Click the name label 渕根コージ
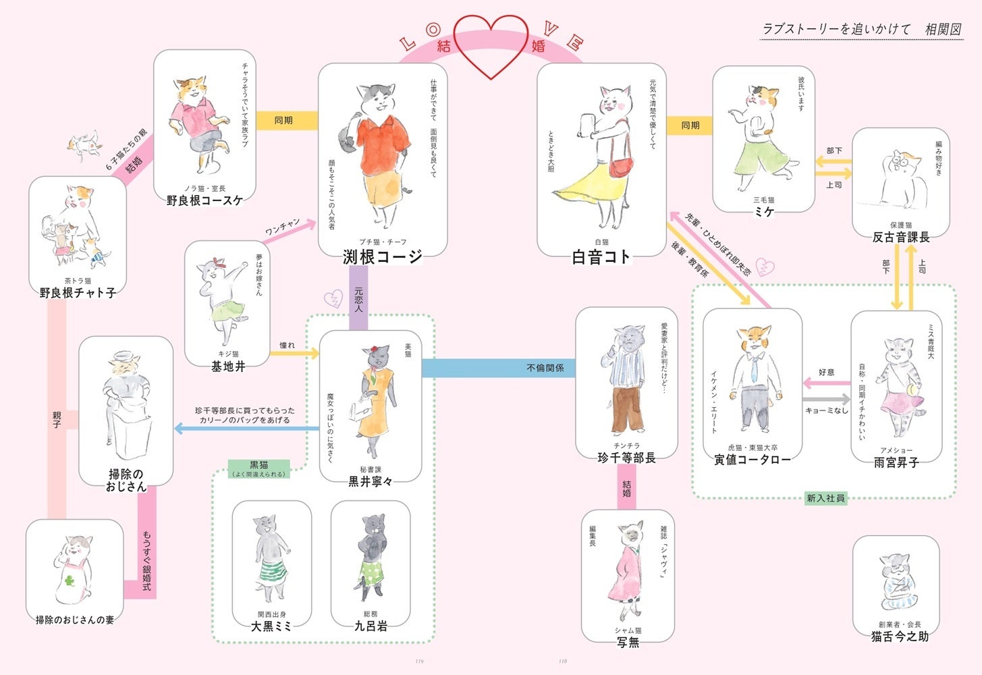(x=383, y=256)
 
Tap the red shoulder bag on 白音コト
(x=622, y=164)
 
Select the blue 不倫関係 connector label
(x=545, y=368)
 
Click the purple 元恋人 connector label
(x=358, y=300)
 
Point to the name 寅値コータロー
(x=753, y=460)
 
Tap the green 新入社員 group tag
(x=825, y=498)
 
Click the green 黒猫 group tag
(x=259, y=465)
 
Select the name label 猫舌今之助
(x=900, y=637)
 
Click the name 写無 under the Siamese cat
(x=628, y=642)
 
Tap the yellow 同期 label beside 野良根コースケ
(x=283, y=120)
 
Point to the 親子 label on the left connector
(x=57, y=420)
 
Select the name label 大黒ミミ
(x=271, y=626)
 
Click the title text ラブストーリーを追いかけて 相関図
(x=861, y=29)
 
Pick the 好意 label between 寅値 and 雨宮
(x=826, y=372)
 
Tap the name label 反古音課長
(x=901, y=237)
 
